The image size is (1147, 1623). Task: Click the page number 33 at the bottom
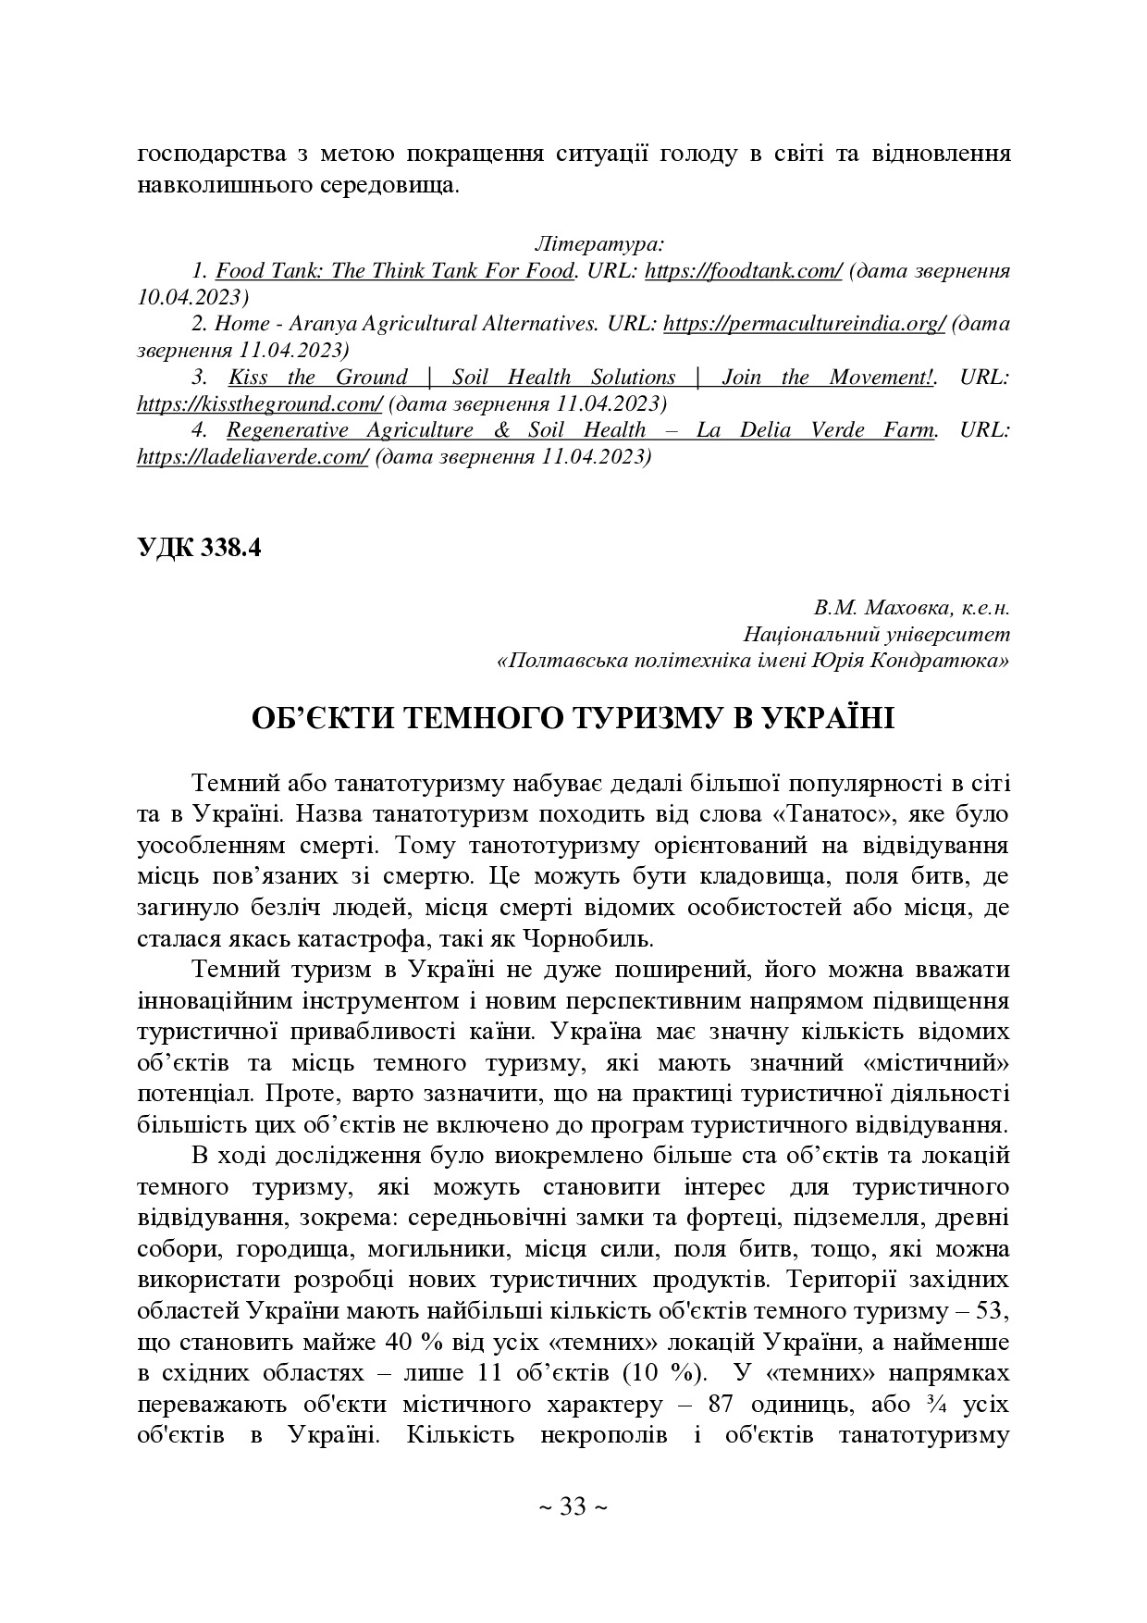pos(573,1507)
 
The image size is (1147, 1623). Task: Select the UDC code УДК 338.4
pos(199,547)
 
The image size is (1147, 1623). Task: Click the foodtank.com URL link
pos(743,272)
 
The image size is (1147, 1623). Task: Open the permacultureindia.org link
pos(804,325)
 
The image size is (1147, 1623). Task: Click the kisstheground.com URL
pos(259,404)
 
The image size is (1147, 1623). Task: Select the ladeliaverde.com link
pos(253,457)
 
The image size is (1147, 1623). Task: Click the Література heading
pos(598,245)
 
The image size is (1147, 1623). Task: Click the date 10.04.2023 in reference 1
pos(193,298)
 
